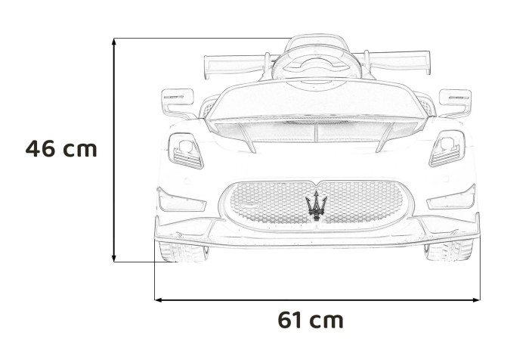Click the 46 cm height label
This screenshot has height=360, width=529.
pyautogui.click(x=61, y=148)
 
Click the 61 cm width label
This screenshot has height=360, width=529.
pyautogui.click(x=311, y=320)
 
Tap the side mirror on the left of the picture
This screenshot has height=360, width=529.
pyautogui.click(x=175, y=99)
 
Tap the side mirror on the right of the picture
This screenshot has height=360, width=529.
pyautogui.click(x=455, y=98)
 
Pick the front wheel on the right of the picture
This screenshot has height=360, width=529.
pyautogui.click(x=448, y=250)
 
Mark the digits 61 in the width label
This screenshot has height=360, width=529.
pyautogui.click(x=290, y=320)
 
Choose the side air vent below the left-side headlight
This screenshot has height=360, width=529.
pyautogui.click(x=182, y=200)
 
